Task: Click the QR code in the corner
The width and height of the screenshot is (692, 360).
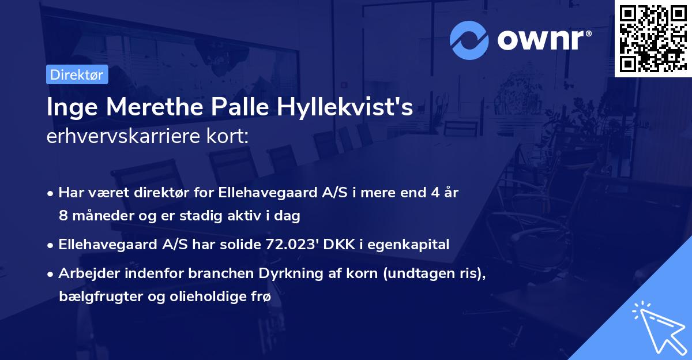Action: point(653,38)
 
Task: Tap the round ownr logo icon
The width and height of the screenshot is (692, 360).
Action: point(469,40)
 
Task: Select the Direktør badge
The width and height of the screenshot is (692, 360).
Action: point(77,74)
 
